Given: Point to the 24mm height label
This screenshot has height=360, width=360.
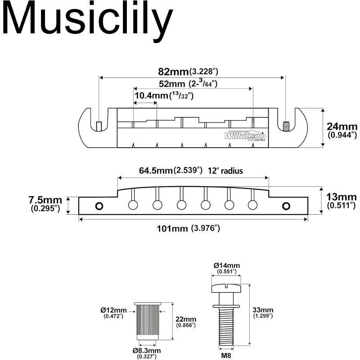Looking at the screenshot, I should pyautogui.click(x=342, y=126).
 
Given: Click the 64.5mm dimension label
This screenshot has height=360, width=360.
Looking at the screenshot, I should pyautogui.click(x=155, y=171).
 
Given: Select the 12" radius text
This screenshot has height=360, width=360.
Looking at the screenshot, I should pyautogui.click(x=225, y=171).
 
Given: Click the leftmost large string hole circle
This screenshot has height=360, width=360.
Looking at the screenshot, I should pyautogui.click(x=133, y=205).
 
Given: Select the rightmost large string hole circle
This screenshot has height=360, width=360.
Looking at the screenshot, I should pyautogui.click(x=252, y=205).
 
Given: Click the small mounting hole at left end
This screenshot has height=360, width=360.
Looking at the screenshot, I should pyautogui.click(x=99, y=206).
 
